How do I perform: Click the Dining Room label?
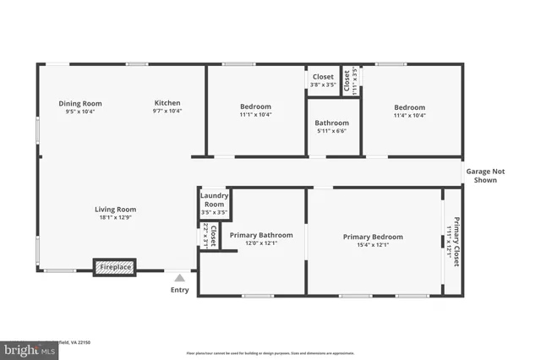(80, 103)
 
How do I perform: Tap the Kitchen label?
(167, 103)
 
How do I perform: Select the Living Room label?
(115, 210)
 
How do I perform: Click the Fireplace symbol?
(115, 267)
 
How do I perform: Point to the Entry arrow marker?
(179, 276)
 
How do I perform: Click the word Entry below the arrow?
(180, 290)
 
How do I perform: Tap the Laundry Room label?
(214, 200)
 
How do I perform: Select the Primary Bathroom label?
(261, 235)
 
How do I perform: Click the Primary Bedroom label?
(373, 237)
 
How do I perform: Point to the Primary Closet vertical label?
(456, 242)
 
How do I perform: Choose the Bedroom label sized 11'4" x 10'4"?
(409, 107)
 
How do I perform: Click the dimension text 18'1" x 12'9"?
(115, 218)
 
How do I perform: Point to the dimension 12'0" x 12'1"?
(261, 243)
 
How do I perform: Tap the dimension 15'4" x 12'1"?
(373, 245)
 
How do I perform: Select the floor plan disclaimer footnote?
(270, 352)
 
